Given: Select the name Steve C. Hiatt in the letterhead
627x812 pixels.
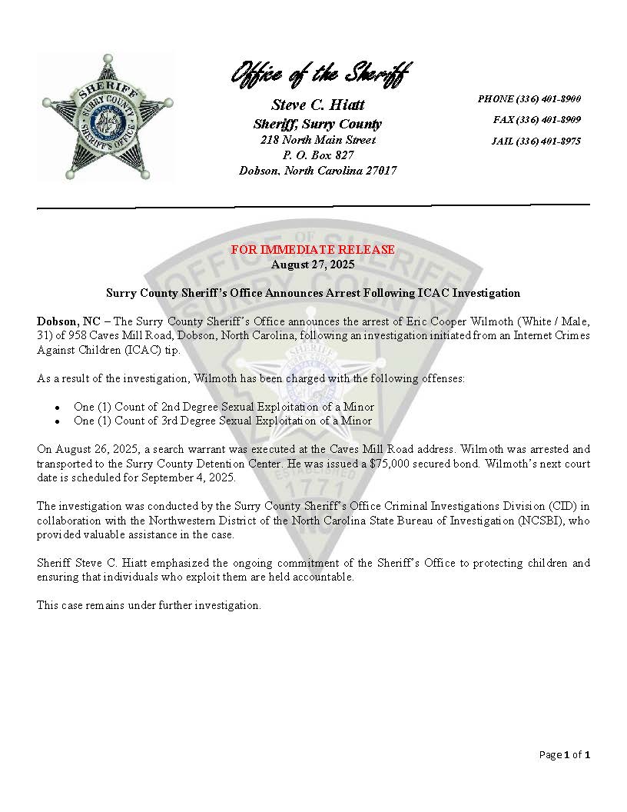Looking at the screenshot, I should pos(318,105).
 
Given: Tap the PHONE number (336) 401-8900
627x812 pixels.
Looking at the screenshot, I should pos(529,99).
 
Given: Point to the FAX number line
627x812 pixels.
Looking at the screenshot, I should pos(536,120).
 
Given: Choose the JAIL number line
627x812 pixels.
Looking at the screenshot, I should pos(536,141).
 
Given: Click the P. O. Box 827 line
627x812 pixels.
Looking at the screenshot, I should pos(318,155).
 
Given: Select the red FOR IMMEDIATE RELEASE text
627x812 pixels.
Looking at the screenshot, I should pos(313,250).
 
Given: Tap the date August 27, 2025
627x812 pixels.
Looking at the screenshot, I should pos(313,264).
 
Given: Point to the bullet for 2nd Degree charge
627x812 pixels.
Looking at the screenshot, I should pos(57,408).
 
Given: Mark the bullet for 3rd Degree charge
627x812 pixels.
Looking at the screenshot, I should pos(57,422).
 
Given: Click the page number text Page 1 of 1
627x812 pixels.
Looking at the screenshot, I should pos(564,755).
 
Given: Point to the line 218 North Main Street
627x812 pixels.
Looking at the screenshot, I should pos(318,140).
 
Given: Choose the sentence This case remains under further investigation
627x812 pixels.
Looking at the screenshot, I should pos(149,605).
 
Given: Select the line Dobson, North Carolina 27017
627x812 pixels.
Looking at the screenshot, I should pos(318,171).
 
